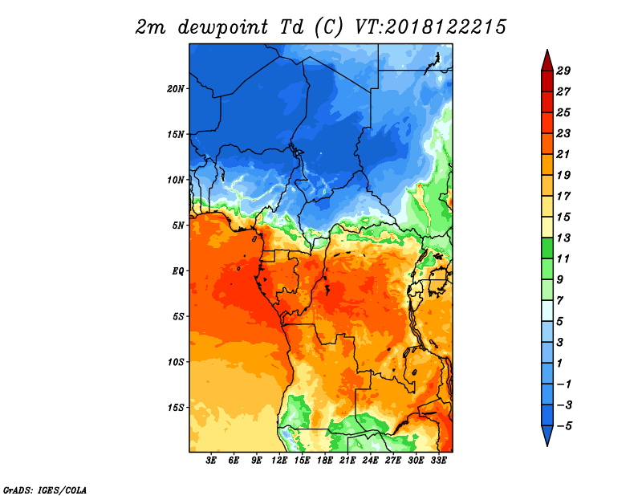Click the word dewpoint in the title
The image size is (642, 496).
223,27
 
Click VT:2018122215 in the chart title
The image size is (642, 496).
430,27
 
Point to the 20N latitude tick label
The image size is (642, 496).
176,89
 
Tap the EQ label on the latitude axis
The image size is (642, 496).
178,270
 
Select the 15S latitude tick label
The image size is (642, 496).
176,408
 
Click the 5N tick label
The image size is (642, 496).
178,226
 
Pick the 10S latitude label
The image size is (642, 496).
176,362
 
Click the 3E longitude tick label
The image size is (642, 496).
211,461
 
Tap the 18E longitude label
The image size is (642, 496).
325,461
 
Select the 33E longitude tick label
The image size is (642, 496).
438,461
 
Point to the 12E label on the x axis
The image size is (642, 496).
279,461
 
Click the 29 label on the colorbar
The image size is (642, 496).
563,71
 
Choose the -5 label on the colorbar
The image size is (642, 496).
564,426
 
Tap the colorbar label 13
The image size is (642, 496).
563,238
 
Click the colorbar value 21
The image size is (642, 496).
563,154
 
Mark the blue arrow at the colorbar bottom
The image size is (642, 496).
547,434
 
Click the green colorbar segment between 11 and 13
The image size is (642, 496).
547,248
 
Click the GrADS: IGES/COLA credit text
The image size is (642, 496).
45,490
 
